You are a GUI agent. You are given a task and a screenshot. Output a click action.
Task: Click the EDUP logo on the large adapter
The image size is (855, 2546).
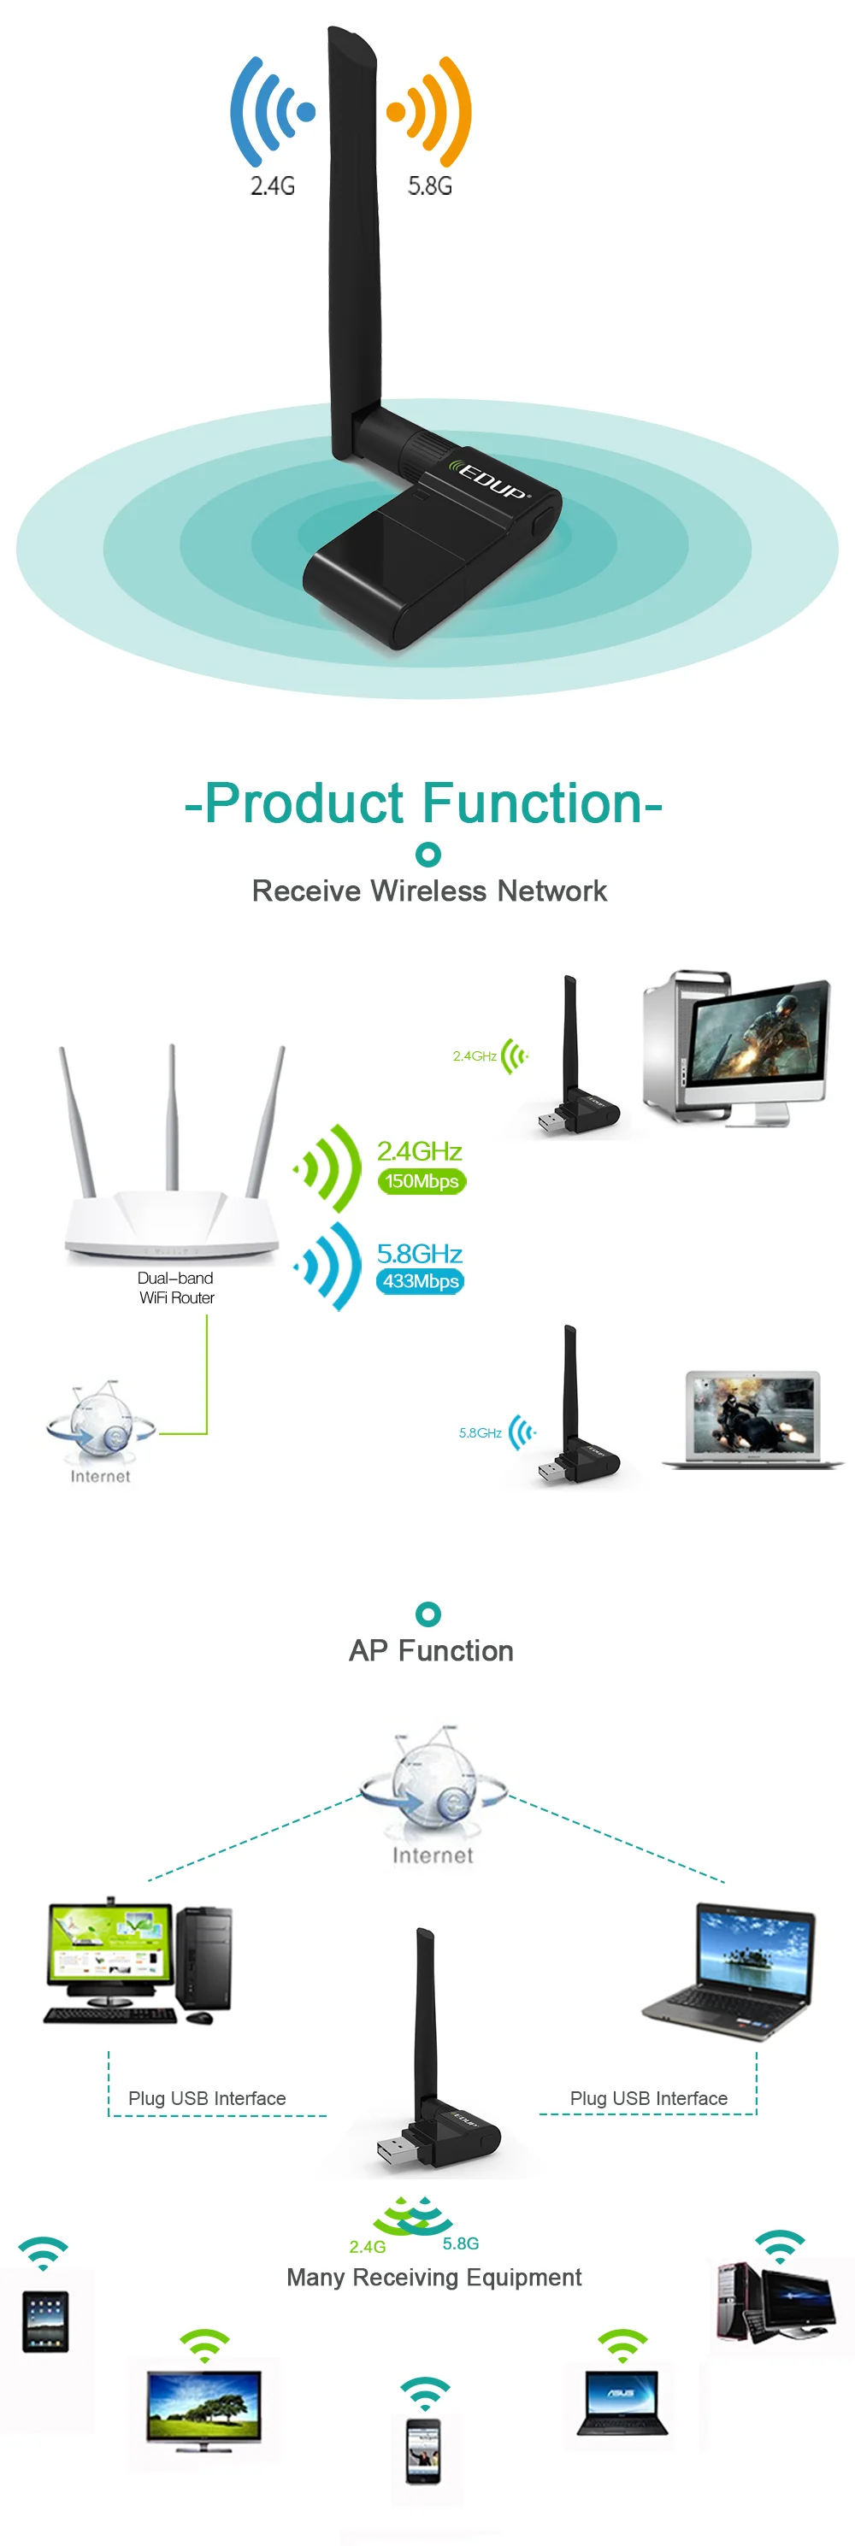[x=492, y=479]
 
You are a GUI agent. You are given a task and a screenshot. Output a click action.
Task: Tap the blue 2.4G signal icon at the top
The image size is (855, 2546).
[x=272, y=111]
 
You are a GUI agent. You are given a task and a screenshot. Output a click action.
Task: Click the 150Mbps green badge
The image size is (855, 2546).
[x=421, y=1181]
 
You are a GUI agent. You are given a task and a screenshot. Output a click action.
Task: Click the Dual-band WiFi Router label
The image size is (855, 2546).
[x=176, y=1288]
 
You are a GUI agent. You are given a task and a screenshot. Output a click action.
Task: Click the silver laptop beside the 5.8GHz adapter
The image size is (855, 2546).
[x=752, y=1418]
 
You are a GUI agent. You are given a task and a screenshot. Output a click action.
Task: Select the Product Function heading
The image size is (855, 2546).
[x=424, y=802]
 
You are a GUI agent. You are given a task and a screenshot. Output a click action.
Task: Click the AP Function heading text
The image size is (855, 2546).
[x=431, y=1650]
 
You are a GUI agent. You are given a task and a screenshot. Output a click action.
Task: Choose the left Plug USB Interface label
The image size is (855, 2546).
[x=207, y=2098]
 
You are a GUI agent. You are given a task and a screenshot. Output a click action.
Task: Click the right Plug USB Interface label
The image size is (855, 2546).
[x=648, y=2098]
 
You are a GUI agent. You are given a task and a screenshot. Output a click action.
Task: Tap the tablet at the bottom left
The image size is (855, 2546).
[x=45, y=2320]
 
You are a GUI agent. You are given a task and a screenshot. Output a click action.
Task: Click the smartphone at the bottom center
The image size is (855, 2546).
[x=424, y=2450]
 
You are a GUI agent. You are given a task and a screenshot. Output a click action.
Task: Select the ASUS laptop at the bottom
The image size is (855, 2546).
[x=622, y=2402]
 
